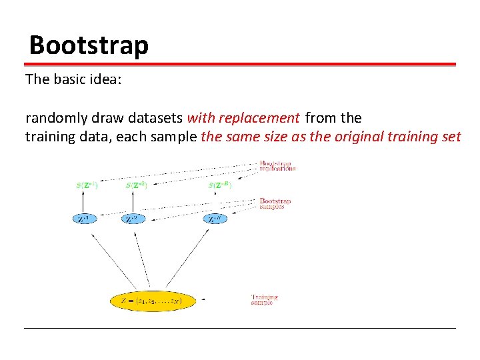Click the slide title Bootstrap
coord(89,45)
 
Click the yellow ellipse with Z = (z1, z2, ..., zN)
coord(154,301)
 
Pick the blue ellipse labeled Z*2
coord(134,219)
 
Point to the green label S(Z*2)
coord(135,185)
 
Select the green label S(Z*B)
coord(220,185)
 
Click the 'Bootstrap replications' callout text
coord(277,166)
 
